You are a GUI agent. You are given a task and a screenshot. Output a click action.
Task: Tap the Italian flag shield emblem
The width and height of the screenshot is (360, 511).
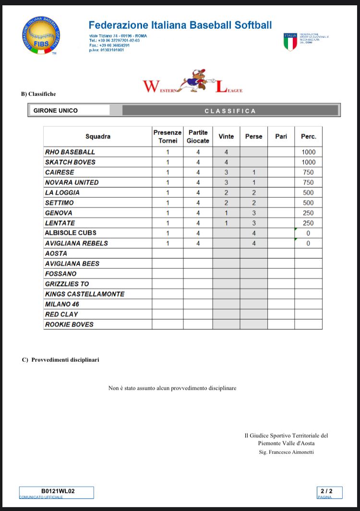pos(290,42)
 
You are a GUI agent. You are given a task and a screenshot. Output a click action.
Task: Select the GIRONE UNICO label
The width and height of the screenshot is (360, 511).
pos(56,110)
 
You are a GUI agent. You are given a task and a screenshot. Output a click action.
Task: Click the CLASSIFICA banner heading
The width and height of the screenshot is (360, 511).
pos(230,111)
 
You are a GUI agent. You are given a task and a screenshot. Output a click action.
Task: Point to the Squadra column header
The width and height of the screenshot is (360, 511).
pos(98,136)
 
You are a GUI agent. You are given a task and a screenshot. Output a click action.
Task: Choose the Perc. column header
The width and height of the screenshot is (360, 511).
pos(308,136)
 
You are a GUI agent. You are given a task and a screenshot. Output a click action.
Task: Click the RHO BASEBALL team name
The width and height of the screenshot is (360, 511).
pos(70,152)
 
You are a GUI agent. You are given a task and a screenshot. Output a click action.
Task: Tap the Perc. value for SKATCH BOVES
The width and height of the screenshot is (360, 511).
pos(308,162)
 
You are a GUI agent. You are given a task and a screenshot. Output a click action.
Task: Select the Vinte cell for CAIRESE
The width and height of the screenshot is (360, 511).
pos(226,172)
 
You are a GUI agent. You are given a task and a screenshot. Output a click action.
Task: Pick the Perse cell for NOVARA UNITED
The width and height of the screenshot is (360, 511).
pos(253,182)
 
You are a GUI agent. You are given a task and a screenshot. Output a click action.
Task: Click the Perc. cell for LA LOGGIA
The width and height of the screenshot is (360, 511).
pos(308,192)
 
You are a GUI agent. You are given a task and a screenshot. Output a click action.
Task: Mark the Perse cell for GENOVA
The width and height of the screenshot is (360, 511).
pos(253,213)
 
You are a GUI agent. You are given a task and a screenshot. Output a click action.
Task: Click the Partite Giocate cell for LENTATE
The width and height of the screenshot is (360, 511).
pos(198,223)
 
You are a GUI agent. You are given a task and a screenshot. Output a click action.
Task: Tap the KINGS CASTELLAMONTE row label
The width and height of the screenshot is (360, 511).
pos(84,294)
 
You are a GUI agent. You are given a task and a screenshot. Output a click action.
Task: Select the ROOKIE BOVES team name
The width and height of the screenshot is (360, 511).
pos(69,324)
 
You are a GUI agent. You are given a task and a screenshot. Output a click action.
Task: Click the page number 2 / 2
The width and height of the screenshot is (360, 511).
pos(330,491)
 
